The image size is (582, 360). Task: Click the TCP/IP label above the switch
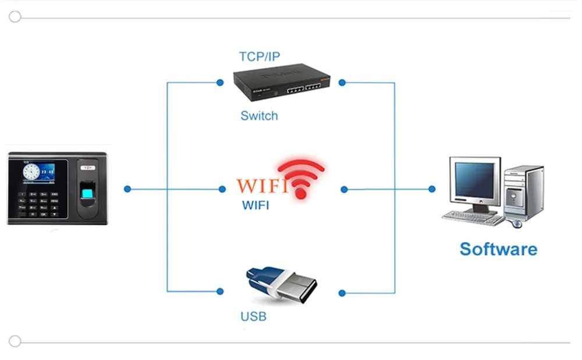tap(260, 56)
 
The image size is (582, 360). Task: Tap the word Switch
tap(259, 116)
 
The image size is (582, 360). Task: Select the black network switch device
tap(281, 83)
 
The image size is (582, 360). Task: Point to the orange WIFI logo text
tap(262, 186)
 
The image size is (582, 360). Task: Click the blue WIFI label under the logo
tap(255, 205)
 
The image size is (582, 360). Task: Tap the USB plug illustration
tap(281, 284)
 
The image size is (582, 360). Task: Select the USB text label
tap(254, 316)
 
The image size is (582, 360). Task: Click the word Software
tap(498, 249)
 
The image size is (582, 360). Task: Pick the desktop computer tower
tap(523, 193)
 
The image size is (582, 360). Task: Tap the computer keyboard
tap(473, 218)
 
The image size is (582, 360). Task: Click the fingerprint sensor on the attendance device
tap(88, 193)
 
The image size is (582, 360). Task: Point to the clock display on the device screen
tap(31, 172)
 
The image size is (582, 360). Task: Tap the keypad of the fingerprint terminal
tap(38, 204)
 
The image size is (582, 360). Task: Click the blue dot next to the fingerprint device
tap(127, 189)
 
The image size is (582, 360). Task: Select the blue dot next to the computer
tap(432, 189)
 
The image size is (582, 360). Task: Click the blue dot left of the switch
tap(220, 83)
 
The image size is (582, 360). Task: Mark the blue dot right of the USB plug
tap(342, 293)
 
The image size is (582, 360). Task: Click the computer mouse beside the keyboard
tap(517, 223)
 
